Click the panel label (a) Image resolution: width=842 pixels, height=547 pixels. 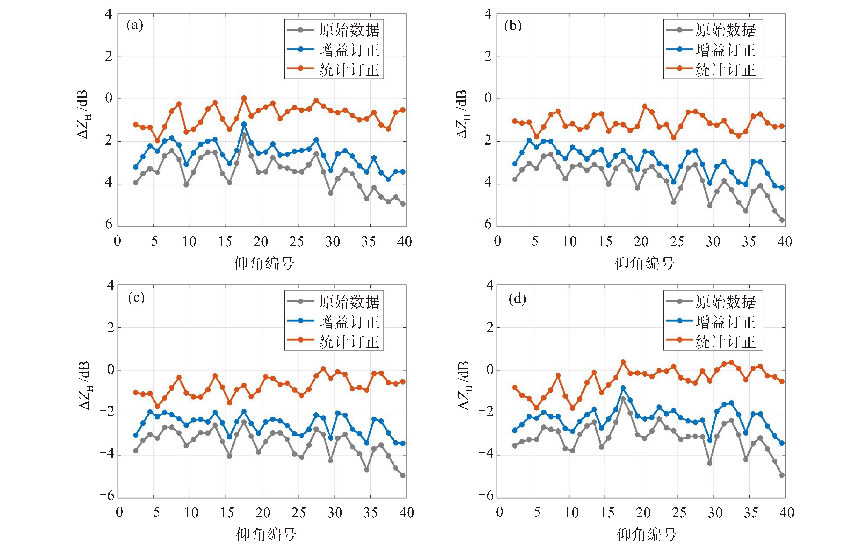pos(135,26)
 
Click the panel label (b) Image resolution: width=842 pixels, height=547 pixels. pos(513,26)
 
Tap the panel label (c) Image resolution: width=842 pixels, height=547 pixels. pos(136,298)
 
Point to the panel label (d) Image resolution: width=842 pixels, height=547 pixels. pos(517,299)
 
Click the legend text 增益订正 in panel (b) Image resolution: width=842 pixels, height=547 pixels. pos(725,50)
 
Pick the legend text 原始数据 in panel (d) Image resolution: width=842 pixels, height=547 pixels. pos(725,302)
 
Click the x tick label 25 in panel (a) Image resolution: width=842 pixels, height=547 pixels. pos(296,242)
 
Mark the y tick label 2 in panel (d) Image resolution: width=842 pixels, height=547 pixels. pos(490,328)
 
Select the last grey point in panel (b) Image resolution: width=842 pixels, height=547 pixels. pos(782,220)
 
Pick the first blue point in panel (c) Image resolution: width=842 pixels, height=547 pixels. pos(136,435)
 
